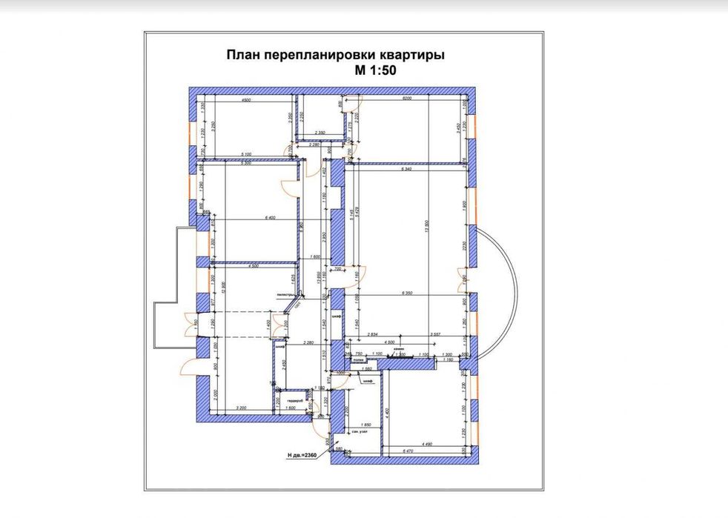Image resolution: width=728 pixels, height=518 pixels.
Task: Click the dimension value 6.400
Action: (248, 218)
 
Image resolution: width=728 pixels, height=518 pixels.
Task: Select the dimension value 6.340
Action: (406, 170)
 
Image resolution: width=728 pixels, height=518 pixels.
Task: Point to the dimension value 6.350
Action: (406, 293)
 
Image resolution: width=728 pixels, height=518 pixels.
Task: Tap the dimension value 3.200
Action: (240, 408)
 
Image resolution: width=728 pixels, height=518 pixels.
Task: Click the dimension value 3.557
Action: (436, 334)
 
